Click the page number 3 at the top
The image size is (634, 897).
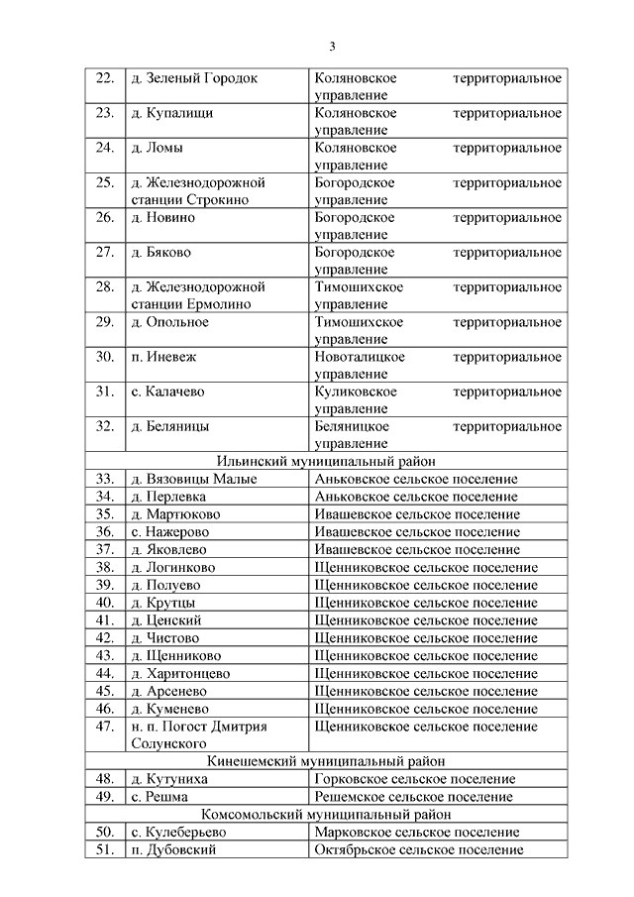click(333, 47)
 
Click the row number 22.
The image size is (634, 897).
click(105, 78)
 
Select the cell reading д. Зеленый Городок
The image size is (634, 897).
click(193, 78)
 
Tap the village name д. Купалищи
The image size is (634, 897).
click(171, 113)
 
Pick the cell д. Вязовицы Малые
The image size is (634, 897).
click(194, 480)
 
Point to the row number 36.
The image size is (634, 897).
click(105, 532)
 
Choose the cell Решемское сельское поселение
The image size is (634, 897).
click(413, 797)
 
